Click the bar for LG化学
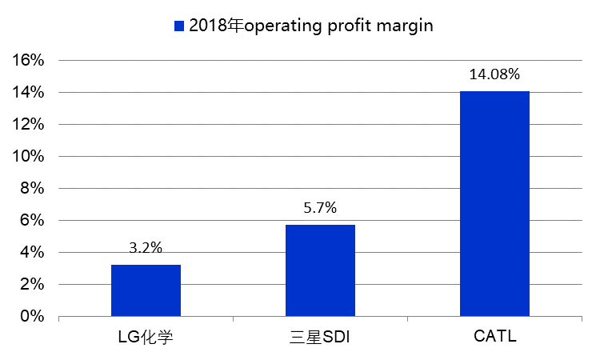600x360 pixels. [146, 290]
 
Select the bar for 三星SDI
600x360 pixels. [320, 270]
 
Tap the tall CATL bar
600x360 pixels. [494, 204]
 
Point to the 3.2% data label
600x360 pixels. [146, 248]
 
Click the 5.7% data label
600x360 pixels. [320, 208]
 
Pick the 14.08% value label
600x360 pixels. [494, 74]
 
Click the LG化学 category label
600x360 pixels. [146, 336]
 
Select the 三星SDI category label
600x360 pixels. [320, 336]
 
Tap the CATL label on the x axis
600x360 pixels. [494, 336]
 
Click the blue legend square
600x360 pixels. [179, 26]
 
